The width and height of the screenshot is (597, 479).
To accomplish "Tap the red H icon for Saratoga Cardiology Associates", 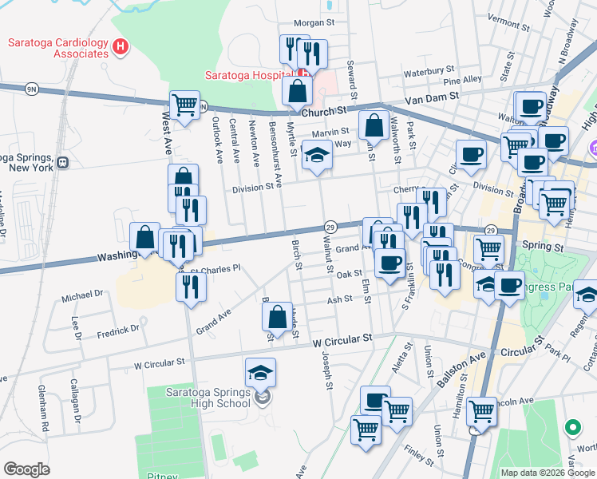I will [121, 47].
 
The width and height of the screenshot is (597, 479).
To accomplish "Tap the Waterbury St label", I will [429, 71].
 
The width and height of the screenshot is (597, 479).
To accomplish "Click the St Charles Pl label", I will [218, 269].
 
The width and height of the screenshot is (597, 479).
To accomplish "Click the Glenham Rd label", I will [45, 407].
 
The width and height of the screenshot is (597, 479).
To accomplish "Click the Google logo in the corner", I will [26, 469].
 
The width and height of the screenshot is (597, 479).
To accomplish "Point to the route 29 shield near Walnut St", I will [329, 228].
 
